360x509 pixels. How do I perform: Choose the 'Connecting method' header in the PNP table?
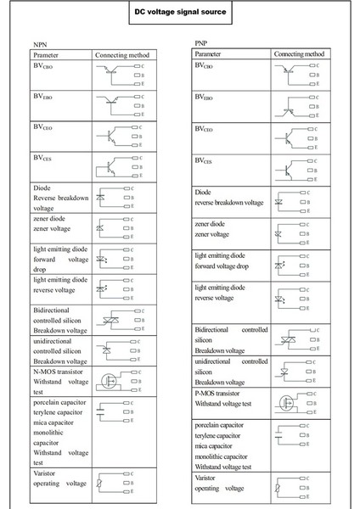[299, 53]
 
